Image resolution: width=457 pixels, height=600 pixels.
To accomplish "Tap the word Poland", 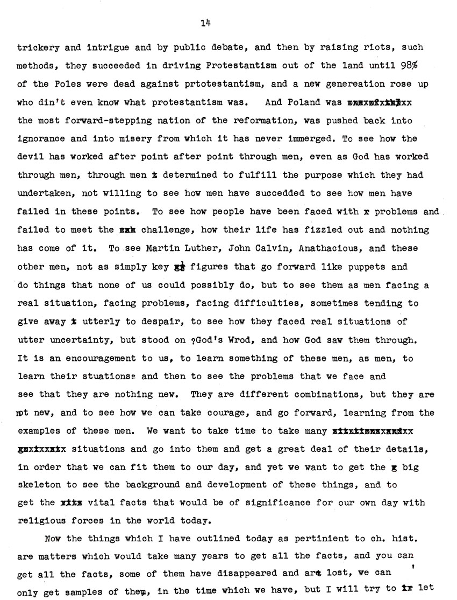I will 303,102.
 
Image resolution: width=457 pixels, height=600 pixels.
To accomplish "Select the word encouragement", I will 96,358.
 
